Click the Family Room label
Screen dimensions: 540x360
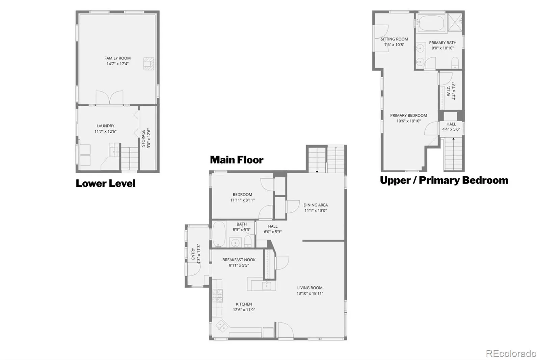[117, 58]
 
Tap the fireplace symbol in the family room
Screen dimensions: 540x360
[148, 64]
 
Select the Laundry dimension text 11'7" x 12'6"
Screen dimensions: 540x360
[105, 131]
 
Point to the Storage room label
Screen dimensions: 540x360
[143, 138]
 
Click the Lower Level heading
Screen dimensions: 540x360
[106, 183]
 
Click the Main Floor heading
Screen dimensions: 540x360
[237, 160]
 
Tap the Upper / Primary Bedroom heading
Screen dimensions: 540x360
[444, 180]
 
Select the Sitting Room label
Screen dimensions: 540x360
[394, 39]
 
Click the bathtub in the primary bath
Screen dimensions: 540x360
[431, 23]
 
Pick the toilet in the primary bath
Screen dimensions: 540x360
[455, 62]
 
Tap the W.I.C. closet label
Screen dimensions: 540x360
[449, 91]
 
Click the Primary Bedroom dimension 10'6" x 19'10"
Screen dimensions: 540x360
[408, 121]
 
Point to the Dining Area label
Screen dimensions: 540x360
[316, 205]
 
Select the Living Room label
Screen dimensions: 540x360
[310, 288]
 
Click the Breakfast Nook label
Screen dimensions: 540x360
[239, 260]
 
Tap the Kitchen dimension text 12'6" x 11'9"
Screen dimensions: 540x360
[244, 310]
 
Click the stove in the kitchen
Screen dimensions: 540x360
[217, 295]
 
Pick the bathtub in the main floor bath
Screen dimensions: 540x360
[219, 234]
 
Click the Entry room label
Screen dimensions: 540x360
[193, 254]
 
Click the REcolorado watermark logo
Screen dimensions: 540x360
[511, 354]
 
